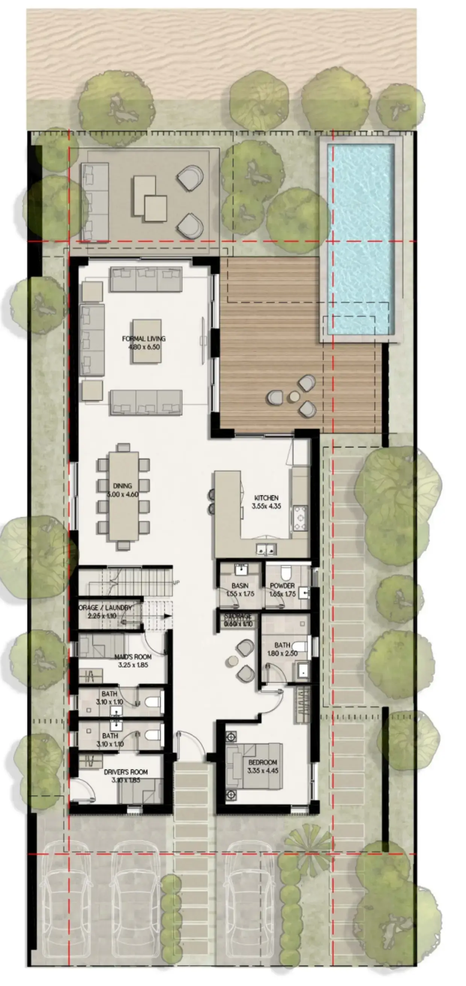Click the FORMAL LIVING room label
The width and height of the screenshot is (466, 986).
pos(144,339)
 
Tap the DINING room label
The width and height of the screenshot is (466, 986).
pos(123,486)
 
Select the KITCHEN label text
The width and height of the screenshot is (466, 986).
pos(266,498)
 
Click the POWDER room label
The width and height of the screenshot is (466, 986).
pos(282,586)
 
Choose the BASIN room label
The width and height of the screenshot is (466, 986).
pos(240,586)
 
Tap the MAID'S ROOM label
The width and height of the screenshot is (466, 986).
pos(133,657)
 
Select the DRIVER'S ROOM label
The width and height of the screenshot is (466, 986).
pos(126,772)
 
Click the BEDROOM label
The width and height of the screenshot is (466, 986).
pos(262,762)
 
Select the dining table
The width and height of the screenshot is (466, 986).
pos(124,497)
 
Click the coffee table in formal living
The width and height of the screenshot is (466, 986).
pos(147,342)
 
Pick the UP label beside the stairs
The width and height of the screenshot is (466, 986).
pos(176,583)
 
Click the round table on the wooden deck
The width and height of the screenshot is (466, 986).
pos(294,396)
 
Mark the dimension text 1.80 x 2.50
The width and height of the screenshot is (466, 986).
pos(283,653)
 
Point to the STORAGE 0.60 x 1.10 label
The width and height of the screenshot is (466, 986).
pos(238,620)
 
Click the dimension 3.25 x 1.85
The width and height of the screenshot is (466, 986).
pos(133,665)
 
